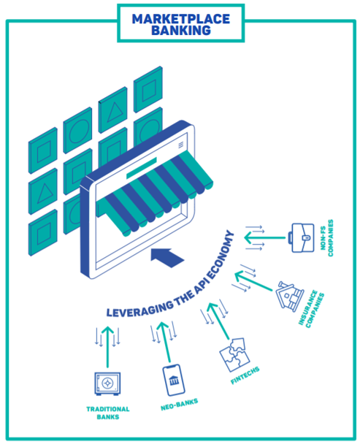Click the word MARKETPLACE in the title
point(180,19)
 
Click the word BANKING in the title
point(181,31)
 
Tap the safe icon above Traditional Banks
point(107,383)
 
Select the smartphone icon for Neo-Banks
point(173,380)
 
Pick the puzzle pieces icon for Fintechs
point(234,355)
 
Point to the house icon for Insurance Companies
point(289,296)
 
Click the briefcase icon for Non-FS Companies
point(302,237)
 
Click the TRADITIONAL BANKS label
point(108,413)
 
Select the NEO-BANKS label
point(179,405)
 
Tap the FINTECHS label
point(245,375)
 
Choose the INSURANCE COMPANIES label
point(311,309)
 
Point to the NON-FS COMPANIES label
point(326,238)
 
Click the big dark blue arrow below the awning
point(167,257)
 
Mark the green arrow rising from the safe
point(108,347)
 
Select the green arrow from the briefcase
point(265,237)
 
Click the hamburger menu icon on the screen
point(180,145)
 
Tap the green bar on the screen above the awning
point(142,168)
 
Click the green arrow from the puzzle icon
point(218,321)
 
